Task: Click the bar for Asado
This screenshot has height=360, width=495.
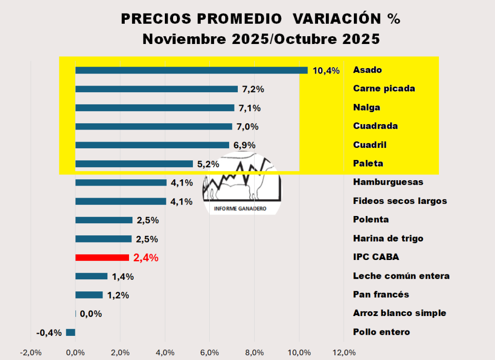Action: point(191,71)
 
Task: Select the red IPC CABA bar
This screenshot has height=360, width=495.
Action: point(102,258)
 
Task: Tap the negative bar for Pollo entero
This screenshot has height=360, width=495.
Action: point(71,332)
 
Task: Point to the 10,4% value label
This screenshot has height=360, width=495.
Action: point(326,71)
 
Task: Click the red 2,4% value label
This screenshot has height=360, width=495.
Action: point(146,258)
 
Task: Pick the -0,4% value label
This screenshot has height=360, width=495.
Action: point(49,332)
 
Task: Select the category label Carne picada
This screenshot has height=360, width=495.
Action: point(384,88)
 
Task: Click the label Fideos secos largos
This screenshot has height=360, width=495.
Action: point(400,201)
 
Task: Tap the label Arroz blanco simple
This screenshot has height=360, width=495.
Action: point(400,313)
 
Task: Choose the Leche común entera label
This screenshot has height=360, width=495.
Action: point(401,276)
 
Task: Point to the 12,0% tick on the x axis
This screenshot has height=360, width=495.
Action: point(344,352)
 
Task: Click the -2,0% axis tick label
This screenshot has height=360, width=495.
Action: point(30,352)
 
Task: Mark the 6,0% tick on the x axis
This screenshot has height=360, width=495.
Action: point(210,352)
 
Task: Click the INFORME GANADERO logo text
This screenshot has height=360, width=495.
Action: point(241,210)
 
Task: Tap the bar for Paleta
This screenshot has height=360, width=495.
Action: point(134,164)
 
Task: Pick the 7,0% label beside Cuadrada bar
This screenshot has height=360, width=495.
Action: point(247,127)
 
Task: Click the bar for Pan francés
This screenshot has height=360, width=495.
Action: point(89,295)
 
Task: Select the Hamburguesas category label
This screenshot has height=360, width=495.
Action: point(388,182)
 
